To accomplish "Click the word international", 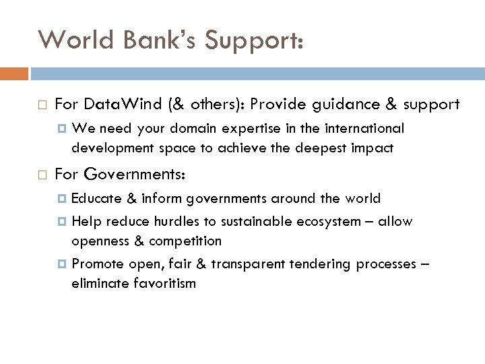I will (365, 128).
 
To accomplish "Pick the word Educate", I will (95, 198).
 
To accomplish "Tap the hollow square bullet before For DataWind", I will (42, 105).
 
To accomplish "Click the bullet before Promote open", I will (63, 264).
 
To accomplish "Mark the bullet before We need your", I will (63, 129).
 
